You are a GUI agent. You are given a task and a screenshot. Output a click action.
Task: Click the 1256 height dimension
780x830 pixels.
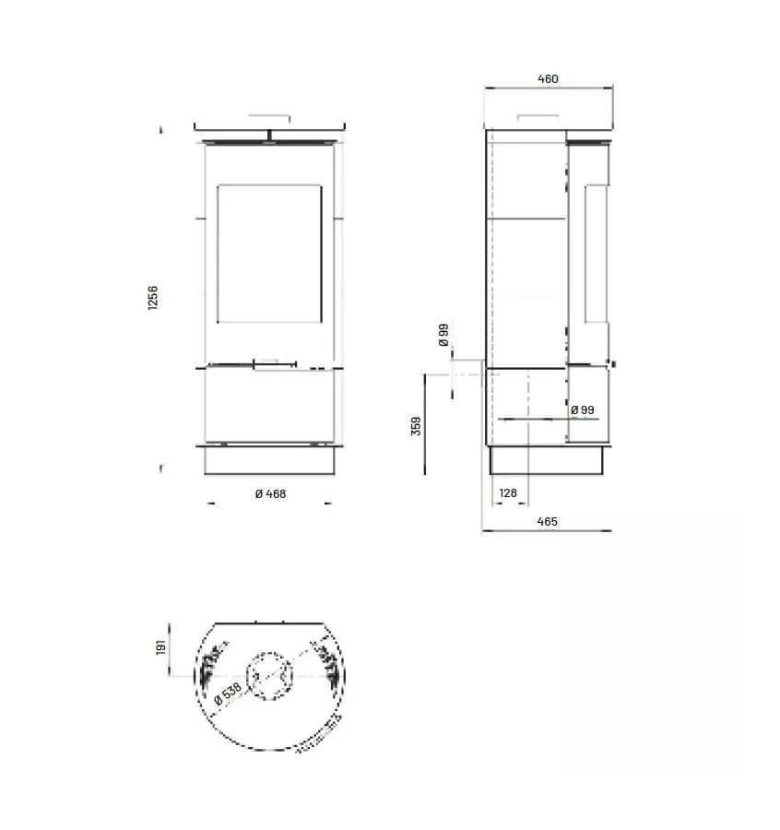153,298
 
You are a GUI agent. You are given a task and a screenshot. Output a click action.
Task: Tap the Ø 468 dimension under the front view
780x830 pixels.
270,494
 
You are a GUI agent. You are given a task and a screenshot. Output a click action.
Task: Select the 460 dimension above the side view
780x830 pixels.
548,79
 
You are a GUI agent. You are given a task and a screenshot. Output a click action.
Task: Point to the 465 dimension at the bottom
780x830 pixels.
547,522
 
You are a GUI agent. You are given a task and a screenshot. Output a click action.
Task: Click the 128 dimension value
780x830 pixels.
508,493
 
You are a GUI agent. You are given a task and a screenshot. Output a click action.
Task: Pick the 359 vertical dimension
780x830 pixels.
416,425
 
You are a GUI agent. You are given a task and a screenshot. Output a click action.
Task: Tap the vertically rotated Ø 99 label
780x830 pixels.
443,336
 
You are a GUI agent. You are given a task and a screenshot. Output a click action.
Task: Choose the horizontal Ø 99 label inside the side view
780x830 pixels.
582,409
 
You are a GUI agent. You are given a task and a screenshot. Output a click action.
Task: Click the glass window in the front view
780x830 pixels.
269,254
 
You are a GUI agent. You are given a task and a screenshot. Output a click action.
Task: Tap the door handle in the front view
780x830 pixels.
275,365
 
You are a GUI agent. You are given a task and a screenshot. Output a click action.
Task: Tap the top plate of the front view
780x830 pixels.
270,127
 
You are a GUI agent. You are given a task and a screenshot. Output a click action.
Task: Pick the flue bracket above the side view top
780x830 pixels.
538,118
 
